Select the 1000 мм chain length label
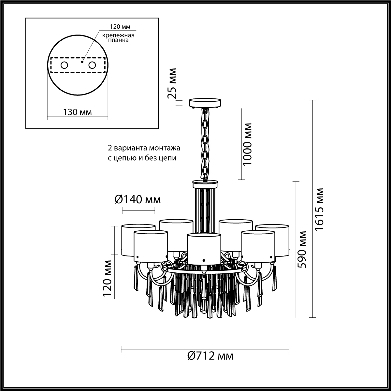coord(247,144)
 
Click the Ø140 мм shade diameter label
coord(138,199)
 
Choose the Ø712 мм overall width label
coord(210,361)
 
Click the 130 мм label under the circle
coord(78,112)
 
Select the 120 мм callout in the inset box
coord(120,27)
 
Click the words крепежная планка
coord(118,37)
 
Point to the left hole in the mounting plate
coord(64,65)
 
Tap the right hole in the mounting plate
coord(92,65)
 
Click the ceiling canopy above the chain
coord(205,103)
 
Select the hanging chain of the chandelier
coord(205,144)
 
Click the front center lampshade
coord(204,249)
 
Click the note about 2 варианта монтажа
coord(144,153)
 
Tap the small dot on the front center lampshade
coord(204,260)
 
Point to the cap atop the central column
coord(205,184)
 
